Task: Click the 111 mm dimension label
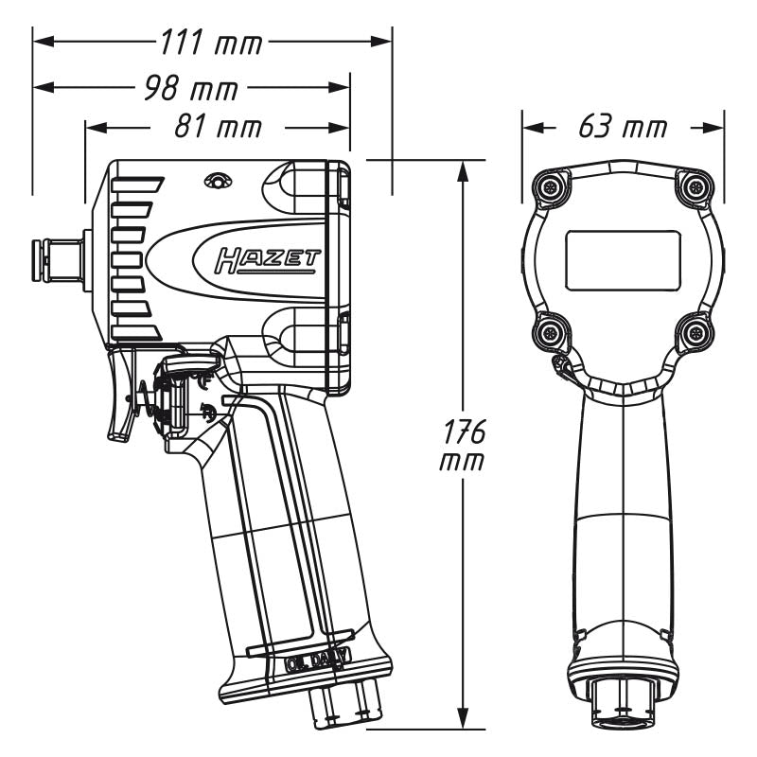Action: [212, 43]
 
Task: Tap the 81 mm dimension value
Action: [217, 127]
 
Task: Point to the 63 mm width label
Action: [622, 127]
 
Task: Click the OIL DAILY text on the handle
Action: [317, 661]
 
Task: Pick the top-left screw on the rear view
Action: [550, 186]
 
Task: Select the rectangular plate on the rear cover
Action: [622, 259]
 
